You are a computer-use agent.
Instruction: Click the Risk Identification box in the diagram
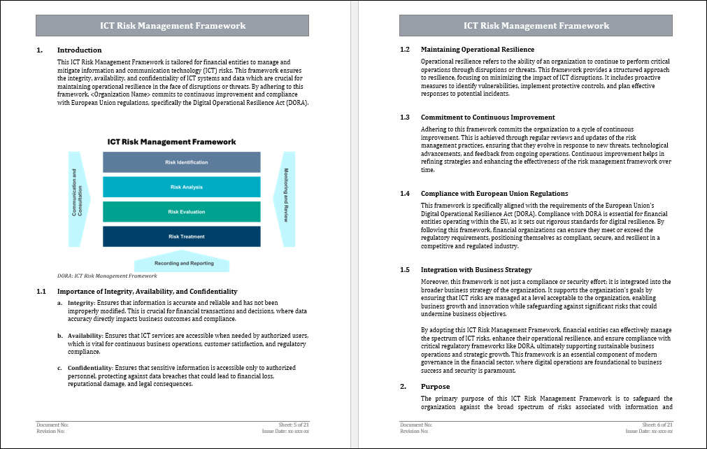[x=182, y=162]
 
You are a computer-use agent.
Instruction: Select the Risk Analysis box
[x=182, y=187]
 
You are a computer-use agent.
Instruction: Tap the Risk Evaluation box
[x=182, y=212]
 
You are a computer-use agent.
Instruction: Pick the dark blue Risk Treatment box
[x=182, y=236]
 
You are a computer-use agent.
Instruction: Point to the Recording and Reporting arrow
[x=183, y=263]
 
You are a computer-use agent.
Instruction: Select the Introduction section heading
[x=79, y=50]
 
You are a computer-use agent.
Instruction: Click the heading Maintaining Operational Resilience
[x=477, y=50]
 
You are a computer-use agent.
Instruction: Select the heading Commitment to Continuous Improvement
[x=487, y=117]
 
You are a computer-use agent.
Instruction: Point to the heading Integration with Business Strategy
[x=476, y=269]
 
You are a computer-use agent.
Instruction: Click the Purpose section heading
[x=435, y=387]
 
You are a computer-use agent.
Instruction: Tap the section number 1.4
[x=405, y=193]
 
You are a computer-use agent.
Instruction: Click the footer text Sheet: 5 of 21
[x=294, y=425]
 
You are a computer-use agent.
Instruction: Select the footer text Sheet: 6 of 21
[x=657, y=425]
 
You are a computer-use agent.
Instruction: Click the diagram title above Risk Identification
[x=171, y=141]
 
